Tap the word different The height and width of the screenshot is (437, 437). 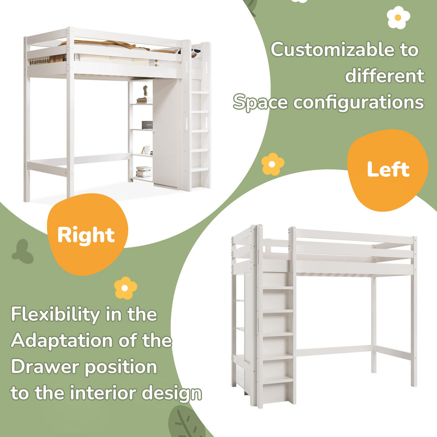tap(385, 75)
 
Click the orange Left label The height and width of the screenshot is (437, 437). tap(388, 170)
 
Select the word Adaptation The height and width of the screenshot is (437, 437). tap(62, 341)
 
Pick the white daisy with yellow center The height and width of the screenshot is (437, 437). tap(398, 17)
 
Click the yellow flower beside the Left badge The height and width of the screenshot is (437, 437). tap(273, 164)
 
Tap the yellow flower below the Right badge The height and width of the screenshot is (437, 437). tap(125, 288)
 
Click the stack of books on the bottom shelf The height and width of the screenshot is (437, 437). tap(144, 172)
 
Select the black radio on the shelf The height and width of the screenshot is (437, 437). tap(147, 125)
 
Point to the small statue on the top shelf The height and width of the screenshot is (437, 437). tap(146, 91)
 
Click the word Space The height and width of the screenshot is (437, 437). tap(260, 103)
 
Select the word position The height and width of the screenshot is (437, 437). tap(121, 367)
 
